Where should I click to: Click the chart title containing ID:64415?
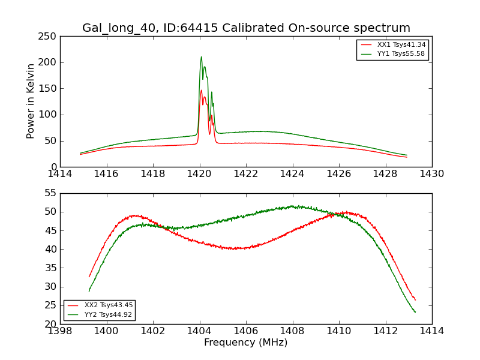(246, 28)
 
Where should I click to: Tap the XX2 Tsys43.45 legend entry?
(108, 305)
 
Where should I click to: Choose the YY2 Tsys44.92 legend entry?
(108, 314)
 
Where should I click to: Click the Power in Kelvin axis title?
(31, 101)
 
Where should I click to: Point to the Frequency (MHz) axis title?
(246, 343)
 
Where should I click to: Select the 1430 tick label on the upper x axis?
(432, 174)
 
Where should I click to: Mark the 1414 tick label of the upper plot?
(61, 174)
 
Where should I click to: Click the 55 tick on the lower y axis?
(51, 194)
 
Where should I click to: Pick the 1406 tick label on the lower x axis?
(246, 331)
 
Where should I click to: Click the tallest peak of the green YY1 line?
(201, 57)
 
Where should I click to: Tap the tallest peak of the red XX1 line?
(201, 91)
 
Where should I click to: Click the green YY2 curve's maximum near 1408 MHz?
(293, 206)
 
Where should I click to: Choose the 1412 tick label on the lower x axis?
(385, 331)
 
